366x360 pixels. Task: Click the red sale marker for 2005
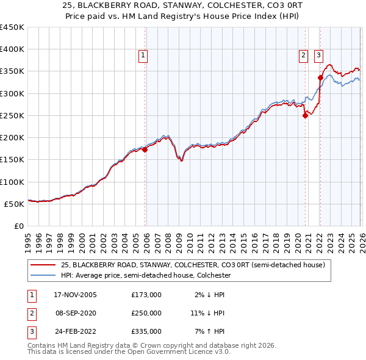pos(145,150)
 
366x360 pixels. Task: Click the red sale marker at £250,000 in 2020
pos(305,116)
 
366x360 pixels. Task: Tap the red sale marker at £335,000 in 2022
pos(320,77)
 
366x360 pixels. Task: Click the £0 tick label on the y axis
pos(18,226)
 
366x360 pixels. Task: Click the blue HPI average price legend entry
pos(146,276)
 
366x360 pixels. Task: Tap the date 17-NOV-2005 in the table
pos(75,294)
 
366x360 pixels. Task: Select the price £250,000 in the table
pos(146,313)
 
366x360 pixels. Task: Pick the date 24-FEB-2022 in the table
pos(75,332)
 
